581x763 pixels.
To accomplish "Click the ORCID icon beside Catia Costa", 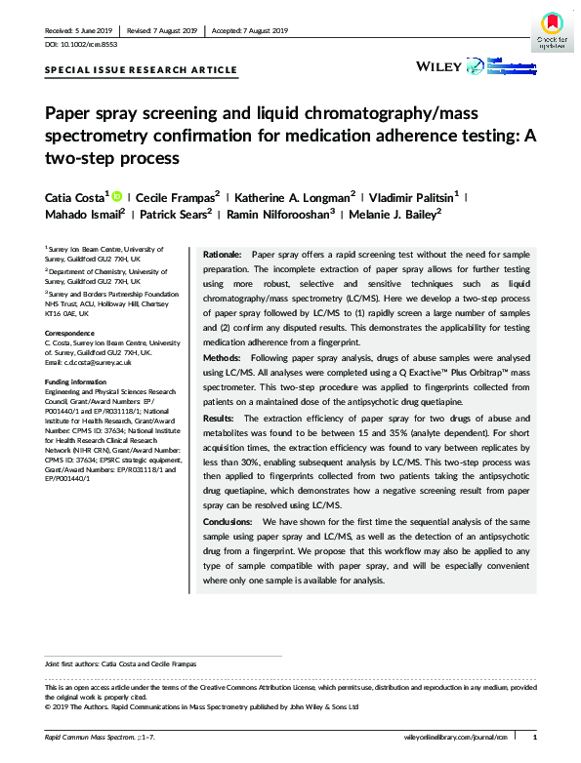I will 117,195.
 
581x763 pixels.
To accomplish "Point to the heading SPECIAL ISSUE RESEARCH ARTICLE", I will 141,70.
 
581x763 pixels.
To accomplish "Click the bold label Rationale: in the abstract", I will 222,254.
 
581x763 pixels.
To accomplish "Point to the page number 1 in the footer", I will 548,737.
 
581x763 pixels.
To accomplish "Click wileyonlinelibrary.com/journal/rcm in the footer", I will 456,737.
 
